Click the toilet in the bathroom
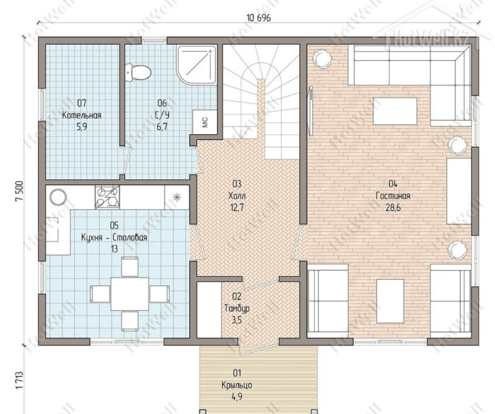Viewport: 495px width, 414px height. (x=138, y=73)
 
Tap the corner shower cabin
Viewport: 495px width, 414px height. (x=197, y=66)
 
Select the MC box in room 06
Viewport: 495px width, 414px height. (x=205, y=122)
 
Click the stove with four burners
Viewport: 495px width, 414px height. (x=107, y=197)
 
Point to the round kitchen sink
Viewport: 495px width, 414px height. (x=58, y=197)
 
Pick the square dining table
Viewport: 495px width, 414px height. (x=129, y=294)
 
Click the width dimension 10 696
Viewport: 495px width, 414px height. (x=259, y=18)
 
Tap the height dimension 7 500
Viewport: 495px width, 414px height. (x=19, y=191)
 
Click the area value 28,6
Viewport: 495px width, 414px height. (x=393, y=208)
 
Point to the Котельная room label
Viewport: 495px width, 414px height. (x=81, y=115)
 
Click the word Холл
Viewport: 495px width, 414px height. (x=237, y=196)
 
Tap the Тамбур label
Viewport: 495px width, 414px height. (x=237, y=308)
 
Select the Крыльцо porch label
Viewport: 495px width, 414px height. (x=237, y=385)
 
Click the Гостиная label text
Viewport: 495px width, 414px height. (x=393, y=196)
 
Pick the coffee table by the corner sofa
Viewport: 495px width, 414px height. (x=395, y=112)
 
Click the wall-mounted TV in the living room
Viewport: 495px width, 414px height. (x=311, y=111)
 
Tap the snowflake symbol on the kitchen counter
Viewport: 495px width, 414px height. (x=177, y=197)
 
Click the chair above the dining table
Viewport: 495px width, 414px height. (x=129, y=267)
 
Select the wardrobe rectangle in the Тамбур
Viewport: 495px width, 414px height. (x=209, y=309)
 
